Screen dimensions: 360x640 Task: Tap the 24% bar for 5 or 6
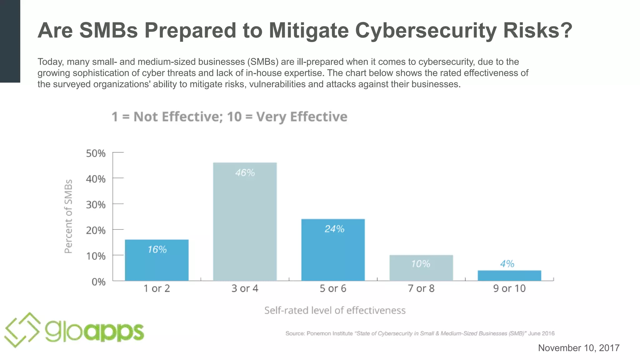tap(333, 250)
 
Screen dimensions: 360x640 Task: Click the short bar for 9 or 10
tap(509, 276)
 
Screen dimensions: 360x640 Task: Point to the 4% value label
tap(507, 264)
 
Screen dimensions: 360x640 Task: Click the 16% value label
tap(157, 249)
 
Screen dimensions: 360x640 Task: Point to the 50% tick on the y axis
tap(96, 153)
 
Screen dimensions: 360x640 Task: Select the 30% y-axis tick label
tap(96, 205)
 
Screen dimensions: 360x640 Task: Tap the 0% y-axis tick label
tap(98, 282)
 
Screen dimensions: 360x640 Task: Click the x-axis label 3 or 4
tap(245, 288)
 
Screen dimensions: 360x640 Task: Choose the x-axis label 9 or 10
tap(509, 288)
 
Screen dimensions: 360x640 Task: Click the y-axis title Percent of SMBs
tap(68, 216)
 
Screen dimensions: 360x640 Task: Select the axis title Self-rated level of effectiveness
tap(335, 310)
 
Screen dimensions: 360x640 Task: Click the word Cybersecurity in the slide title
tap(426, 31)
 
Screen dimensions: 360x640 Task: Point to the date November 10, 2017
tap(578, 348)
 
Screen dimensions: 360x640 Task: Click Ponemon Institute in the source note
tap(329, 333)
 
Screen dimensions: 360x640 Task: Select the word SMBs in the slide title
tap(108, 31)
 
